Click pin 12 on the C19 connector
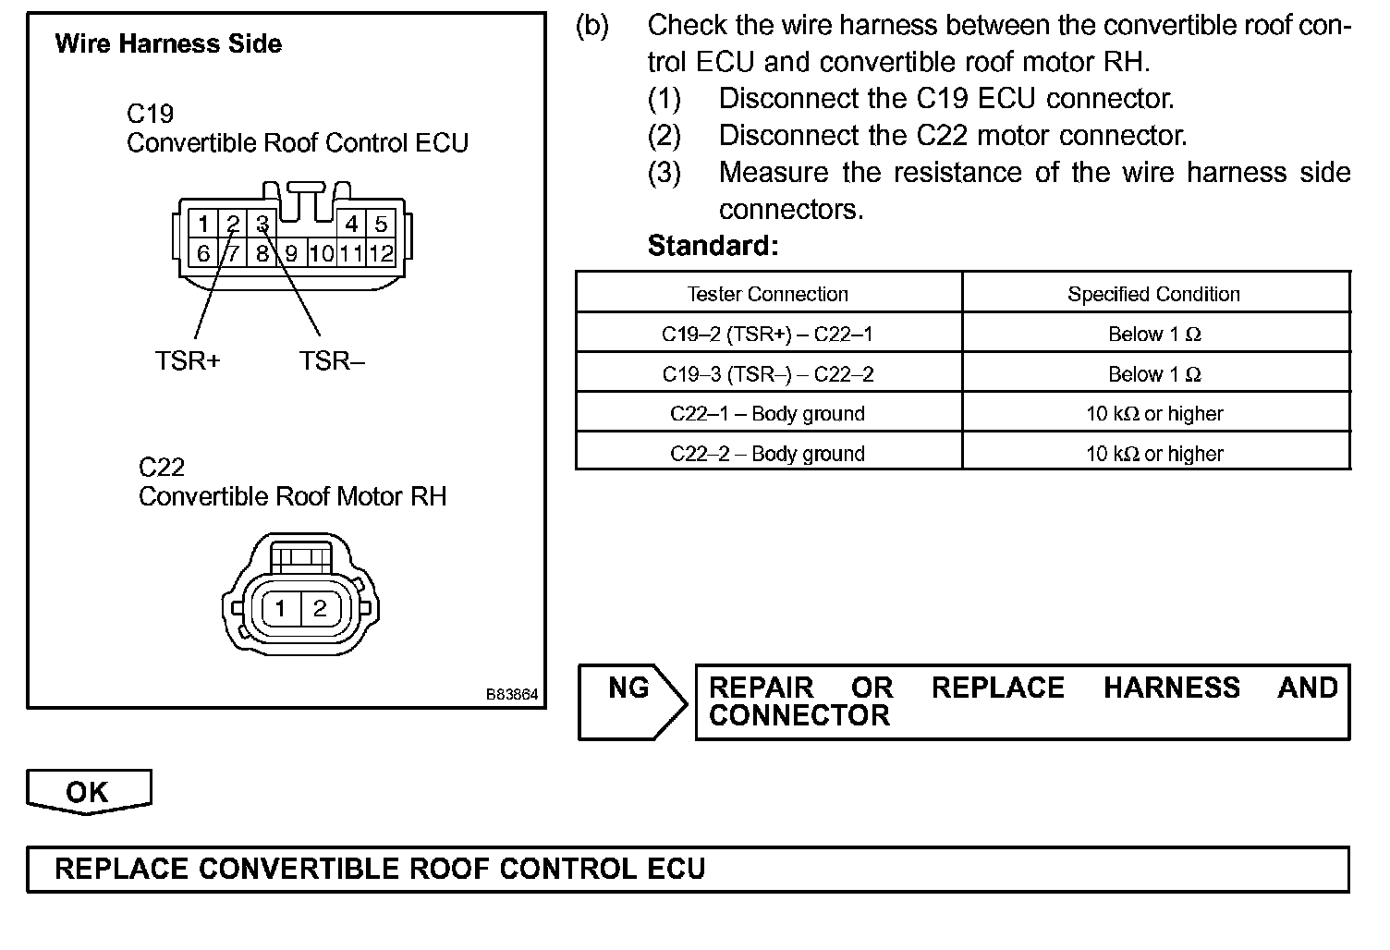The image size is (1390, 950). pyautogui.click(x=381, y=253)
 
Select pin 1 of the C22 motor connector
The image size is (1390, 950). pyautogui.click(x=281, y=608)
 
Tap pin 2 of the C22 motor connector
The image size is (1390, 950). pyautogui.click(x=320, y=608)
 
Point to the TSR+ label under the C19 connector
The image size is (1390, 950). pyautogui.click(x=188, y=360)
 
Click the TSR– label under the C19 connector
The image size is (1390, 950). pyautogui.click(x=332, y=360)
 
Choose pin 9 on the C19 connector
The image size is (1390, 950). pyautogui.click(x=291, y=253)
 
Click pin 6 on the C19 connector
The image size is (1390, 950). pyautogui.click(x=203, y=253)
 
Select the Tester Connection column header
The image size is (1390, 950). pyautogui.click(x=768, y=294)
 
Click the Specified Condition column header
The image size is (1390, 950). pyautogui.click(x=1154, y=294)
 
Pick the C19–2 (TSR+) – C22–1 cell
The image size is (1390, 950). pyautogui.click(x=767, y=334)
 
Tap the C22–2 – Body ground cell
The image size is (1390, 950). pyautogui.click(x=767, y=454)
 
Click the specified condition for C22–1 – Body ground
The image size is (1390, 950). pyautogui.click(x=1154, y=414)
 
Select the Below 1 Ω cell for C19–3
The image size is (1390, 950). pyautogui.click(x=1154, y=374)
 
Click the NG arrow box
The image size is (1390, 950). pyautogui.click(x=631, y=700)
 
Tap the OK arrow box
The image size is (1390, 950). pyautogui.click(x=88, y=792)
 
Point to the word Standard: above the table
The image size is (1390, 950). pyautogui.click(x=713, y=246)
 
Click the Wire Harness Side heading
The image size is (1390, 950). pyautogui.click(x=168, y=43)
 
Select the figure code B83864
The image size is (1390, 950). pyautogui.click(x=512, y=695)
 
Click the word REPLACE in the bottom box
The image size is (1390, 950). pyautogui.click(x=121, y=869)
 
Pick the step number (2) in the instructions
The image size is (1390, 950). pyautogui.click(x=664, y=136)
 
